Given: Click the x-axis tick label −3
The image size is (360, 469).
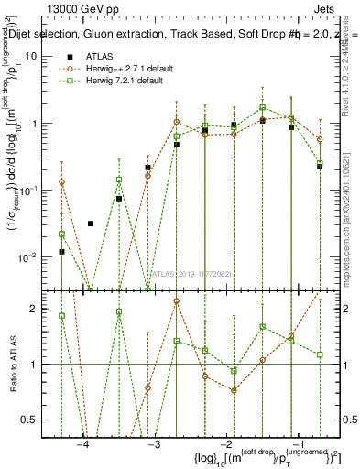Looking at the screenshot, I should [x=153, y=444].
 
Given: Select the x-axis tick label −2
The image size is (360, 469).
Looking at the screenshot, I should [x=224, y=444].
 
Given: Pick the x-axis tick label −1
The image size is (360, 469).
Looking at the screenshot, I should [x=296, y=444].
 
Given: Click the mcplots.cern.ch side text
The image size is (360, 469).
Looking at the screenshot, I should [x=353, y=211].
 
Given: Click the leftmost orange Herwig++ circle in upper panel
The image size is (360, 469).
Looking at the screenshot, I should [x=61, y=182].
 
